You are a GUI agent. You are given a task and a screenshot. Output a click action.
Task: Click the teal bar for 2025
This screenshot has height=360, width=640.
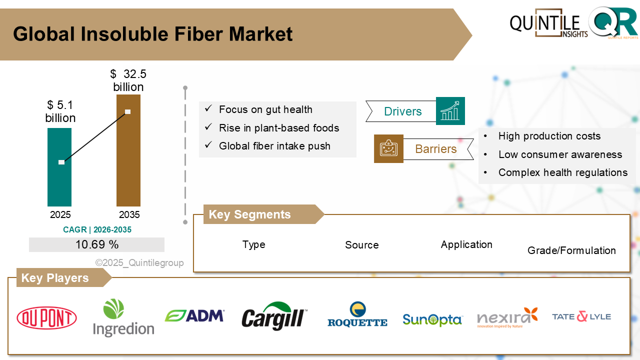point(59,185)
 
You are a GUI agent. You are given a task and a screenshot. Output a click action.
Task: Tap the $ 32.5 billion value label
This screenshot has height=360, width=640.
point(128,80)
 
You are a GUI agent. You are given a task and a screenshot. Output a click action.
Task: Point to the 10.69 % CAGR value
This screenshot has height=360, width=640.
point(97,244)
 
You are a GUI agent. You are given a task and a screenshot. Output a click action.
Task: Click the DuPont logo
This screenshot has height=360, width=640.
point(46,318)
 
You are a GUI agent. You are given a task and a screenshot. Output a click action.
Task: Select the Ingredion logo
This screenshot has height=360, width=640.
point(123,318)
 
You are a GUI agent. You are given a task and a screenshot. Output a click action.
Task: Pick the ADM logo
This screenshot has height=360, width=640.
point(194,315)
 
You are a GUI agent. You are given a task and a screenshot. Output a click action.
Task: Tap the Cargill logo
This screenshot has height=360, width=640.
point(274,316)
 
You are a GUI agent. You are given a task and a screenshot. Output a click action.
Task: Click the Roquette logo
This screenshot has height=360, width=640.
point(357,315)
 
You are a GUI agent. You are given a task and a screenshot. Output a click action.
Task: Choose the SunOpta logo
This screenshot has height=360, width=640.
point(432,319)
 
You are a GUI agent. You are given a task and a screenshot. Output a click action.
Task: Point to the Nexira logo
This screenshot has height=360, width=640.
point(507,317)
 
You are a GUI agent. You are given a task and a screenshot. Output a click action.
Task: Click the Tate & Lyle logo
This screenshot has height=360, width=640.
point(581,316)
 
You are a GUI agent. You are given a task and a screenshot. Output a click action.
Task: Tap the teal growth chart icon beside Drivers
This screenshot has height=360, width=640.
point(450,111)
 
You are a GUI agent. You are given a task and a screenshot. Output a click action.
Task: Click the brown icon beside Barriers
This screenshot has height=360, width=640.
point(388,148)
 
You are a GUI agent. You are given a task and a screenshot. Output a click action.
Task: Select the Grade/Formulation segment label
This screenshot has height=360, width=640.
point(571,250)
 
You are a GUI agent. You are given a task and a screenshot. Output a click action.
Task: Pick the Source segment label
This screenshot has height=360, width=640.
point(361,245)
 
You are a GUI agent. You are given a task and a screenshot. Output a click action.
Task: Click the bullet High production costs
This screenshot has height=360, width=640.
point(549,136)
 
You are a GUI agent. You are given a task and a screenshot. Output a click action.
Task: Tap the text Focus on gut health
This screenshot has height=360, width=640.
point(265,109)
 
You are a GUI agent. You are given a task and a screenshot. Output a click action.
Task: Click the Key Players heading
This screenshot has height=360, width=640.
point(55,278)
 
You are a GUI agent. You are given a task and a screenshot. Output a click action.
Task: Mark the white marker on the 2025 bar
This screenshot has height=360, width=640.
point(61,162)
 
